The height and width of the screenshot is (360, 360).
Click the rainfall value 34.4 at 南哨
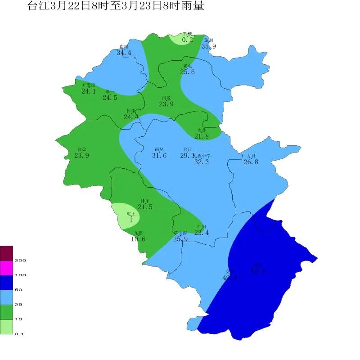coord(124,53)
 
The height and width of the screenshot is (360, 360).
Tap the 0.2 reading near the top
coord(187,40)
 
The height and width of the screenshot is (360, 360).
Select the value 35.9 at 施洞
coord(208,46)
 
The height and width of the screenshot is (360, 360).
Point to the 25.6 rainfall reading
coord(187,72)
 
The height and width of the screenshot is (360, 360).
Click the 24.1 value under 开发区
coord(89,91)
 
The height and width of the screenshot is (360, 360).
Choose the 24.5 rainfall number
coord(110,98)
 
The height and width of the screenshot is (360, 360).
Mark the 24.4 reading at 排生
coord(131,117)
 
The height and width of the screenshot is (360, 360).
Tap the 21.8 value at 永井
coord(201,136)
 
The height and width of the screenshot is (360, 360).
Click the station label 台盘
coord(81,149)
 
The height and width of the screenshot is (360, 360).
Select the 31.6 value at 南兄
coord(159,156)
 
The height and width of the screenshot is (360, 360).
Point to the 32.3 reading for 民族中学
coord(201,162)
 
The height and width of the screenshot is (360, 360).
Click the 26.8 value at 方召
coord(251,162)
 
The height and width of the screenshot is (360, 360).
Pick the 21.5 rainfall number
coord(145,207)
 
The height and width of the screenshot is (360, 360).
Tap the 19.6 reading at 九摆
coord(138,239)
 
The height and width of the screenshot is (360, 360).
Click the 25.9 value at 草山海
coord(180,239)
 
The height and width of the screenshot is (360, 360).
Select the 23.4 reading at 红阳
coord(201,233)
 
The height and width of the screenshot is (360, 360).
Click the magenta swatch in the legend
coord(7,268)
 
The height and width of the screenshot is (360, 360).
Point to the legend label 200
coord(20,260)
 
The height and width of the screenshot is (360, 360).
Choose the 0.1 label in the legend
coord(18,333)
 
